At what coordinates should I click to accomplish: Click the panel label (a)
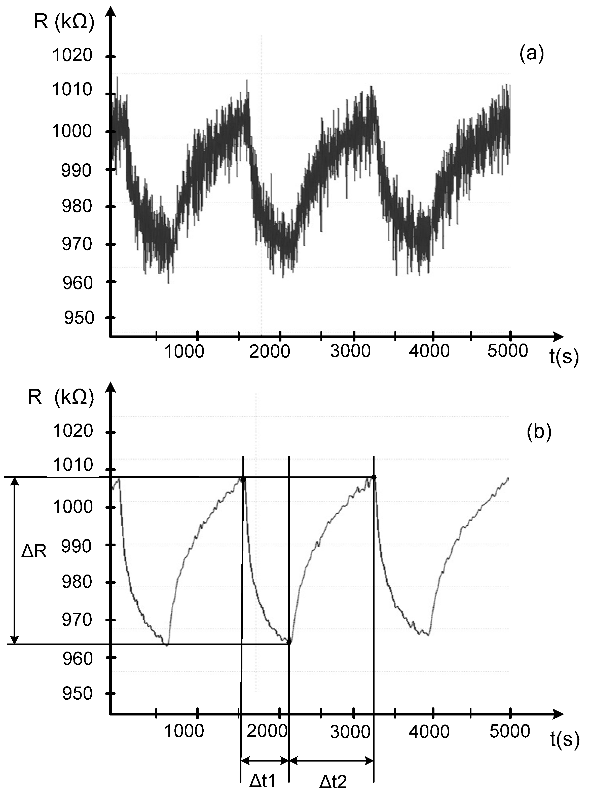[531, 54]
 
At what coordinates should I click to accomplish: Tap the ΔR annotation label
[34, 552]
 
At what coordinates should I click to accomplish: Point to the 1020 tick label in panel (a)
[72, 55]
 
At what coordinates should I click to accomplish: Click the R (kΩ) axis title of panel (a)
[64, 22]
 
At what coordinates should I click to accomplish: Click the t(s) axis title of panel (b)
[564, 739]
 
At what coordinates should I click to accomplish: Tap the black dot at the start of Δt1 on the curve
[243, 479]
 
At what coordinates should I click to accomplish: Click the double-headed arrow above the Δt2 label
[331, 759]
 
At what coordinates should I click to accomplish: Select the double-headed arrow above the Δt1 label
[265, 759]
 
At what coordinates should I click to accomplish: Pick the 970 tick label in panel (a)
[77, 244]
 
